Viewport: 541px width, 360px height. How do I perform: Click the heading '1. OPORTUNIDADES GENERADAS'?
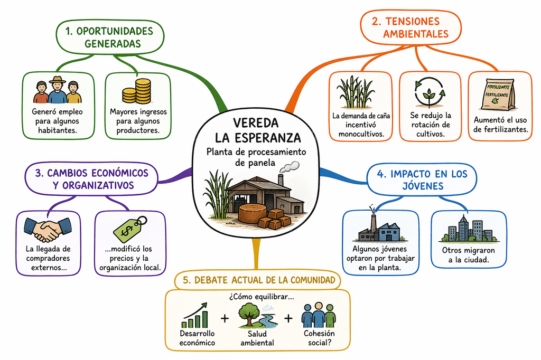point(109,37)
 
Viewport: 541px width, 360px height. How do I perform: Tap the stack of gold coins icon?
point(137,91)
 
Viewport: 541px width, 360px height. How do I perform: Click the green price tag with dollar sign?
point(130,229)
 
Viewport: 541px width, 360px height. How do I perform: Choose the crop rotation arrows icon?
point(430,92)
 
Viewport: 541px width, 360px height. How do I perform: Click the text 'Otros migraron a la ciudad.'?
point(468,255)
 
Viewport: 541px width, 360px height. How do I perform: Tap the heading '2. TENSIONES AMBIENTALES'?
point(411,27)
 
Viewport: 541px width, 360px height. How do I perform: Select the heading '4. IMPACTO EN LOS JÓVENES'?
point(422,179)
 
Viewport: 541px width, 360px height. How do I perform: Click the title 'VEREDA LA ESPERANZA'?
point(258,130)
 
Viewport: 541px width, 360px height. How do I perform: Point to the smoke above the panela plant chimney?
point(288,167)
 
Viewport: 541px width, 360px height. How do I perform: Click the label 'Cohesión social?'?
point(319,338)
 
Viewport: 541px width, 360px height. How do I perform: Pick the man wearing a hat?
point(57,90)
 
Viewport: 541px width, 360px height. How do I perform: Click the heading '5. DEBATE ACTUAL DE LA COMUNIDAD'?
point(259,280)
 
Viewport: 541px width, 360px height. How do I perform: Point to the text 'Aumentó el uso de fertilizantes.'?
point(500,125)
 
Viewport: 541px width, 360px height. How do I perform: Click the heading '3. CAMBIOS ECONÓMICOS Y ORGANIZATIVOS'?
point(92,179)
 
